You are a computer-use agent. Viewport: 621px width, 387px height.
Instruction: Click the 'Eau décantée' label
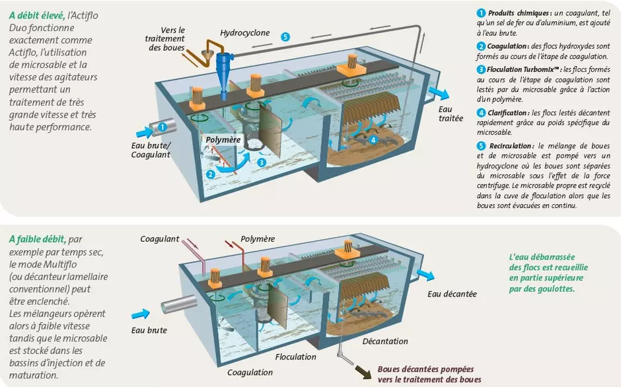[x=452, y=294]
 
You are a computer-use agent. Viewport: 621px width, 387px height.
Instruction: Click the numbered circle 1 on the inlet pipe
[x=163, y=125]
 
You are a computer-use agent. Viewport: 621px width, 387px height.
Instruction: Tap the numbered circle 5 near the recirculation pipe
[x=285, y=37]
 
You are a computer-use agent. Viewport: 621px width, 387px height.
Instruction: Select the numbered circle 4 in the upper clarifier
[x=373, y=140]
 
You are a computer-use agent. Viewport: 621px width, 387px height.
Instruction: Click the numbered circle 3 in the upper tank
[x=262, y=162]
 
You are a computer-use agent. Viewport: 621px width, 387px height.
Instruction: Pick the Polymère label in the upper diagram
[x=223, y=140]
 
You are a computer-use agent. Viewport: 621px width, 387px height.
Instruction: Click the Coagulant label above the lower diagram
[x=160, y=238]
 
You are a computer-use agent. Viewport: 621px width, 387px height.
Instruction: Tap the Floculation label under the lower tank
[x=296, y=357]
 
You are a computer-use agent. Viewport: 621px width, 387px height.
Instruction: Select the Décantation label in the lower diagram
[x=385, y=341]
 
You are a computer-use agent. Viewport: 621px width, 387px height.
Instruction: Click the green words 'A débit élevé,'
[x=37, y=15]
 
